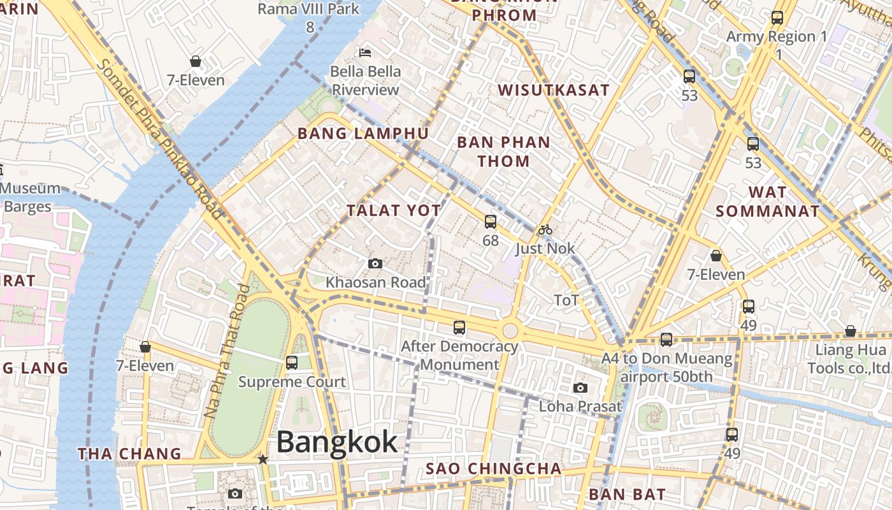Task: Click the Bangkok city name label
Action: (337, 442)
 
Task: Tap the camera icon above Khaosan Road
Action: (375, 263)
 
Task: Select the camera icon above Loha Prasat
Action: (580, 388)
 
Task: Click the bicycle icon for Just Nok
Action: (545, 229)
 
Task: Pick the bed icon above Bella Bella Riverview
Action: (365, 52)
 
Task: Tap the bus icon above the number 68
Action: (491, 222)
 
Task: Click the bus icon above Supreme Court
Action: (292, 363)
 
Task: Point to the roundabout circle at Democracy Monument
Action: (510, 330)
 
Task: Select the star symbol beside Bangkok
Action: (263, 459)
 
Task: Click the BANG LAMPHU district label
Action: (363, 134)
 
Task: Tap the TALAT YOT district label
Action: (394, 210)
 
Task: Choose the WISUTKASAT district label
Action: (554, 90)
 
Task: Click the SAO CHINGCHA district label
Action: (494, 469)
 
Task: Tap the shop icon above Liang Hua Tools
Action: (850, 331)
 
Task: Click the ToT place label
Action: (566, 300)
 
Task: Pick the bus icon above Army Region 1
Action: (777, 18)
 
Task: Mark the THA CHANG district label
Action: (129, 454)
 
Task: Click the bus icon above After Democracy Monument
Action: (459, 328)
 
